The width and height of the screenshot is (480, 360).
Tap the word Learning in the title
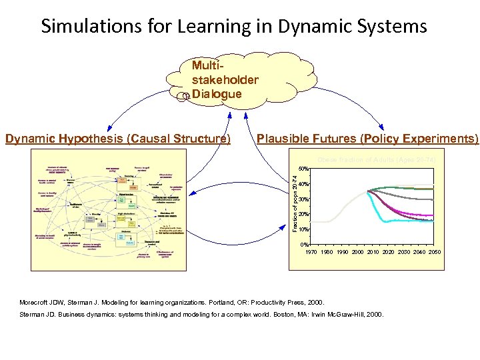tap(206, 26)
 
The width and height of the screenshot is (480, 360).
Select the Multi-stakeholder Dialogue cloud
tap(225, 80)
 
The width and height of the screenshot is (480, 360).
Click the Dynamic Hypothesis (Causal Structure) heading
tap(118, 139)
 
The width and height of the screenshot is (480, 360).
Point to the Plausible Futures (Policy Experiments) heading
tap(367, 139)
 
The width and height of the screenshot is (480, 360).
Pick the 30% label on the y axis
tap(303, 199)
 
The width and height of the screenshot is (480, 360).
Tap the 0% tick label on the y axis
tap(304, 245)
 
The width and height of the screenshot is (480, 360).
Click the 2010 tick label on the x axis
tap(373, 252)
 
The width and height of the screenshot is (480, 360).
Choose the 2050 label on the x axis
tap(434, 252)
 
